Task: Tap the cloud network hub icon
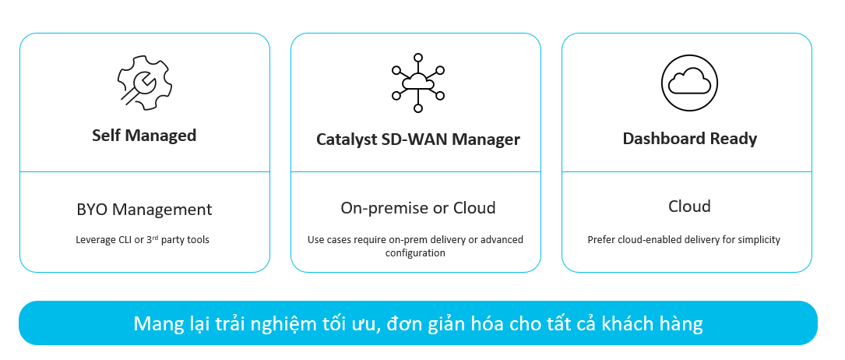click(417, 83)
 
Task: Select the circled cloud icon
click(687, 81)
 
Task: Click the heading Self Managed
click(144, 136)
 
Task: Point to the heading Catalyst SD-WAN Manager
click(417, 140)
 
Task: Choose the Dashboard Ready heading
click(689, 139)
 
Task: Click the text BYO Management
click(144, 210)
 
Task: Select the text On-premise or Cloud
click(417, 208)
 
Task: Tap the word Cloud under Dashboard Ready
click(689, 206)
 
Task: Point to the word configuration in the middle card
click(415, 252)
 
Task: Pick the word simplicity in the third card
click(758, 240)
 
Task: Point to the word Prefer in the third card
click(600, 240)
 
